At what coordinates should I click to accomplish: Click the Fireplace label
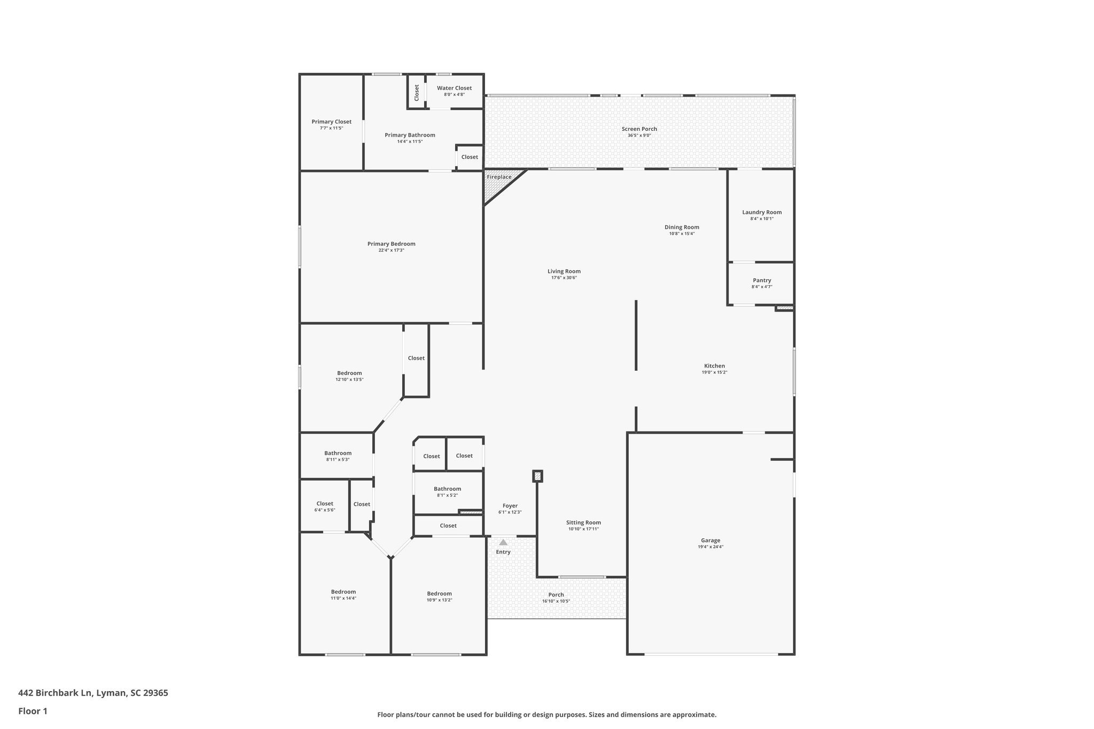coord(499,177)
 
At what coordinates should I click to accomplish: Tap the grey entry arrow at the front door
coord(503,542)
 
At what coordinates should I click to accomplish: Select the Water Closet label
coord(454,88)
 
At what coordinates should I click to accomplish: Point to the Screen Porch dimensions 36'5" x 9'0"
coord(639,136)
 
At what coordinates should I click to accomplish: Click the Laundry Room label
coord(762,212)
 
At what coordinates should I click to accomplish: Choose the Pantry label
coord(762,280)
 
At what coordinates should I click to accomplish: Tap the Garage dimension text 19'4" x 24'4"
coord(710,547)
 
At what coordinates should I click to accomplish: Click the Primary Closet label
coord(331,122)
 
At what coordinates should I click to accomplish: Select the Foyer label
coord(510,506)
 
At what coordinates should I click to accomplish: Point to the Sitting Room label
coord(583,522)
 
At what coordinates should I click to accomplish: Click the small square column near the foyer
coord(537,476)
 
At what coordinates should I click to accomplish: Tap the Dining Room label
coord(682,227)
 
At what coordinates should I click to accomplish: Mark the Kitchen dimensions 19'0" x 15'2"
coord(714,372)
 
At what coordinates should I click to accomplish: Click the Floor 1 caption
coord(33,711)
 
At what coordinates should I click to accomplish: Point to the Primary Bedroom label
coord(391,244)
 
